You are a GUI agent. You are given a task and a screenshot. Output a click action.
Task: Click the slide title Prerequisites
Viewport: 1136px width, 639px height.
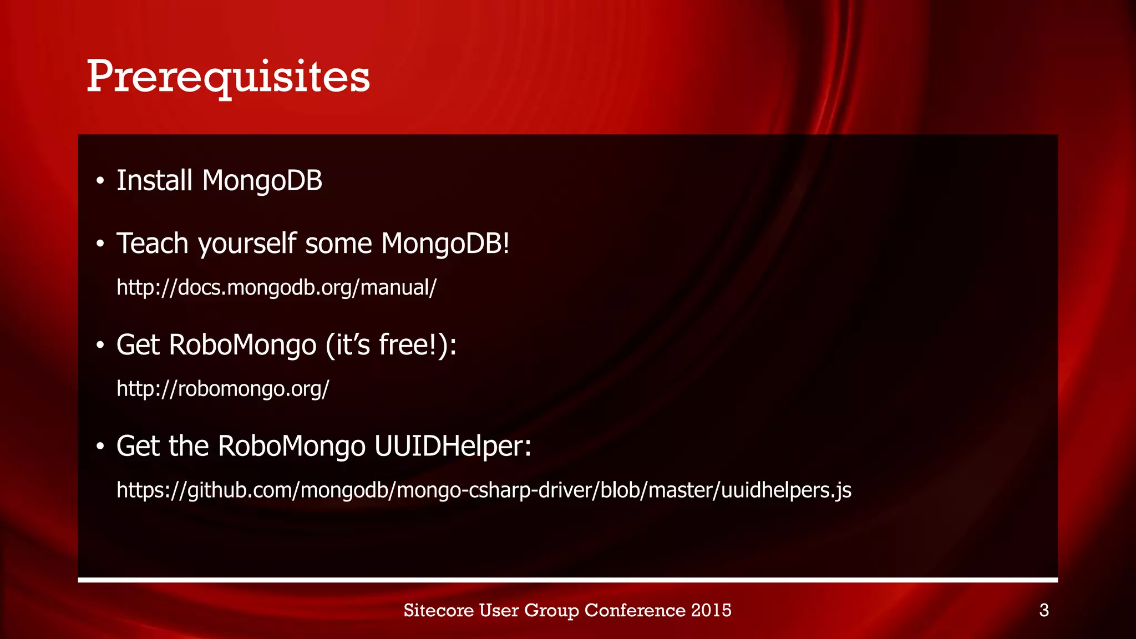tap(228, 77)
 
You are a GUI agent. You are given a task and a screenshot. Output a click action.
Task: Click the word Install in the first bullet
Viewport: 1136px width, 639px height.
tap(154, 181)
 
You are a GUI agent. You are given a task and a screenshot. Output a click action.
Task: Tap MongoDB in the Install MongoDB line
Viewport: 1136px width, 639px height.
tap(262, 181)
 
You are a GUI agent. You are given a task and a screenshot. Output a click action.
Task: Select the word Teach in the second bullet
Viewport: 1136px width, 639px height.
tap(152, 244)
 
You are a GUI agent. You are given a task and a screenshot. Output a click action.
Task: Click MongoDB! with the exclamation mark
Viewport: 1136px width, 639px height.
tap(445, 244)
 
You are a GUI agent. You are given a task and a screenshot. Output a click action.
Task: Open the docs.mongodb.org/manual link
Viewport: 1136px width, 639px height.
tap(276, 287)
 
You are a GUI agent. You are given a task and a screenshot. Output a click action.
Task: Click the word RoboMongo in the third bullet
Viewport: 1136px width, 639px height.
tap(242, 345)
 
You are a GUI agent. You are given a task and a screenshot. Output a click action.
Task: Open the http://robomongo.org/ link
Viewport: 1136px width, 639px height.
tap(222, 389)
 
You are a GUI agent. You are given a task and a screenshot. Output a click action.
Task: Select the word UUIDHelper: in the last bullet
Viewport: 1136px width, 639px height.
tap(453, 446)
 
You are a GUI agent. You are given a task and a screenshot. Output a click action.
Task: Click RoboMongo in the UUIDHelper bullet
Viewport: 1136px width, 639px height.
tap(292, 446)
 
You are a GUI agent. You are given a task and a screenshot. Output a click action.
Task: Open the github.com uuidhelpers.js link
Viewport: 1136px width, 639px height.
tap(484, 490)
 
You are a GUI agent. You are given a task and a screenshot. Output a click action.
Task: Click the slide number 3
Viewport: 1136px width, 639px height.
tap(1044, 611)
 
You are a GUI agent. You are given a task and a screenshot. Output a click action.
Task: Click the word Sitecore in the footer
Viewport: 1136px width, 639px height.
tap(438, 610)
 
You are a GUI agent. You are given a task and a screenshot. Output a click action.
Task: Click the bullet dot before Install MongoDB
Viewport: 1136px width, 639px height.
tap(100, 181)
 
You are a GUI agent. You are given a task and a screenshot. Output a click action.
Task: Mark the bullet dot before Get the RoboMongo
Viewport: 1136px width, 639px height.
tap(100, 447)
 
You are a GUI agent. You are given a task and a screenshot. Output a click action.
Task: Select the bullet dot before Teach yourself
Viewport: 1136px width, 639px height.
tap(100, 245)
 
